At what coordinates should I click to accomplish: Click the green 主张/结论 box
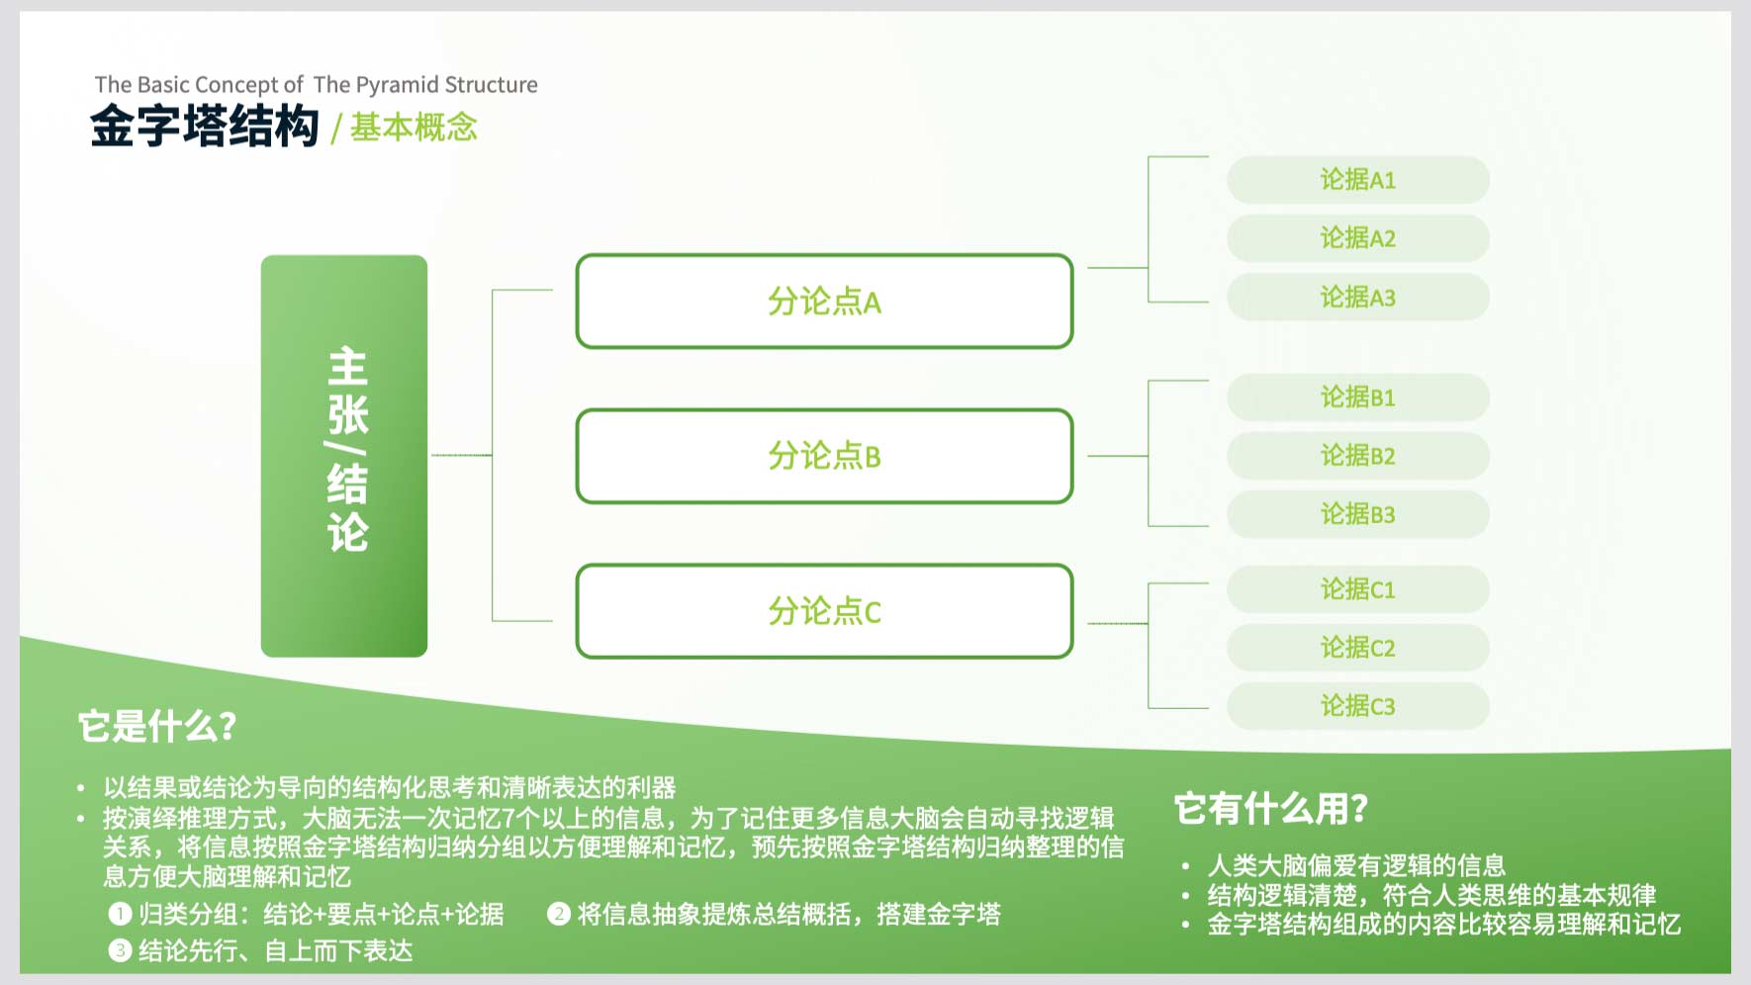pyautogui.click(x=344, y=456)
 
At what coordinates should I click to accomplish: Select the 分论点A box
pyautogui.click(x=824, y=301)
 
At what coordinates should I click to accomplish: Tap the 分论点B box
pyautogui.click(x=824, y=456)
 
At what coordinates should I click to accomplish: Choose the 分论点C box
pyautogui.click(x=824, y=611)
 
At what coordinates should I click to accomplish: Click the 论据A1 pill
pyautogui.click(x=1357, y=180)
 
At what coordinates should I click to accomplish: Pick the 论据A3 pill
pyautogui.click(x=1357, y=297)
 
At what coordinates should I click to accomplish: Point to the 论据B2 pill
pyautogui.click(x=1357, y=456)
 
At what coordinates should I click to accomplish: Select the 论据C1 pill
pyautogui.click(x=1357, y=589)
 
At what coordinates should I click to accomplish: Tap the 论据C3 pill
pyautogui.click(x=1357, y=706)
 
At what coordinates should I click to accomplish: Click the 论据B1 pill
pyautogui.click(x=1357, y=398)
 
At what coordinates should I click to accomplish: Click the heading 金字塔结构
pyautogui.click(x=205, y=127)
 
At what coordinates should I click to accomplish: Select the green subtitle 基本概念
pyautogui.click(x=414, y=128)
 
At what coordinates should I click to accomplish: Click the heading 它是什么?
pyautogui.click(x=157, y=726)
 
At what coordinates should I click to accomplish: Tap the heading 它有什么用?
pyautogui.click(x=1271, y=808)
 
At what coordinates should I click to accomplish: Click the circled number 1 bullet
pyautogui.click(x=120, y=914)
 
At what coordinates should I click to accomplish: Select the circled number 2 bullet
pyautogui.click(x=559, y=914)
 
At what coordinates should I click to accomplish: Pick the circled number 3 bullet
pyautogui.click(x=120, y=950)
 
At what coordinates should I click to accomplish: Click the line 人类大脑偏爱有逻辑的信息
pyautogui.click(x=1356, y=865)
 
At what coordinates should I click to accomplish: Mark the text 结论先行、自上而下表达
pyautogui.click(x=276, y=950)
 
